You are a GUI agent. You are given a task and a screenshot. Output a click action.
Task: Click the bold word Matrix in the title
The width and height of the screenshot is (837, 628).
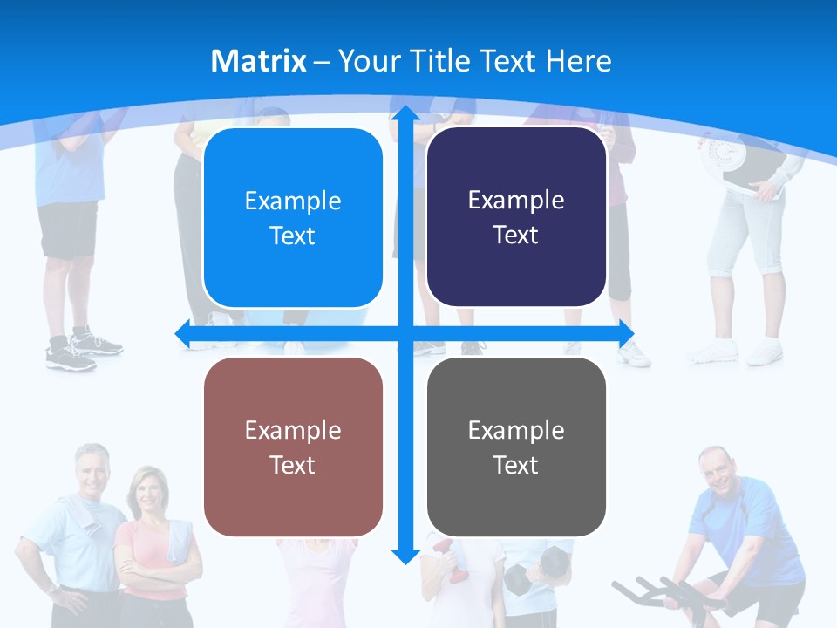(258, 61)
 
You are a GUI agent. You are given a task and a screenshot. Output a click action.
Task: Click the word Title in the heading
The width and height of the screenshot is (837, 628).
(445, 61)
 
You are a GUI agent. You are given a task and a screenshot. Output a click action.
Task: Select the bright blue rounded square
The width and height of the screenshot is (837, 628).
(293, 218)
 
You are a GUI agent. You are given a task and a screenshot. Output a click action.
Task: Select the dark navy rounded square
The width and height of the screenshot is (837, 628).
(516, 217)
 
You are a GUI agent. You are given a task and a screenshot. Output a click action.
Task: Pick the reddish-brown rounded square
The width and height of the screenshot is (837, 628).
(293, 447)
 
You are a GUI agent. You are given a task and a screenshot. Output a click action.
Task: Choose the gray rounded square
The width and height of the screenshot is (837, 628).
(516, 447)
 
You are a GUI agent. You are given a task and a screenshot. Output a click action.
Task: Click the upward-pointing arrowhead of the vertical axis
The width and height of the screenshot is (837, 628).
(405, 113)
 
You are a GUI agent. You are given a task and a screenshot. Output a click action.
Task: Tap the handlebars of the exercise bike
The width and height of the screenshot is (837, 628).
(650, 592)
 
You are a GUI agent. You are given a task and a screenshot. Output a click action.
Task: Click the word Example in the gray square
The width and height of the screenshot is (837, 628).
(516, 430)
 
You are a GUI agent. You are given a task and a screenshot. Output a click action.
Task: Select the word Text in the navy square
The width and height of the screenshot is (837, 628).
(516, 235)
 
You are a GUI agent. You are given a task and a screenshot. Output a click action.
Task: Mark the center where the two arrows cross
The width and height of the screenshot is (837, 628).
(405, 334)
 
